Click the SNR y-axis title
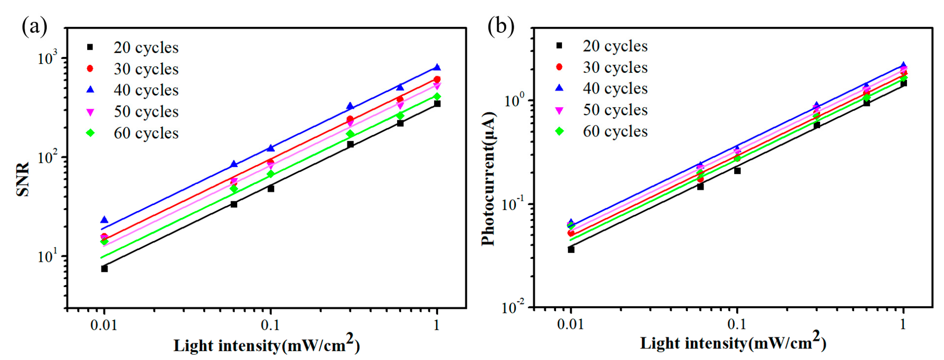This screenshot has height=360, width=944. click(23, 179)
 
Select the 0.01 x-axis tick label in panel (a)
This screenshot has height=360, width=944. click(104, 325)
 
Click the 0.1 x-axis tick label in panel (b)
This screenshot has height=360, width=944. click(737, 324)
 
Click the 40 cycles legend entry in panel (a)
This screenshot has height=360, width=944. click(146, 90)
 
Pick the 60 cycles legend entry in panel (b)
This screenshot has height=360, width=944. click(615, 131)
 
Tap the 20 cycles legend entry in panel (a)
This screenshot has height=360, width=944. click(146, 48)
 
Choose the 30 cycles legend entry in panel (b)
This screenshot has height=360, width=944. click(615, 67)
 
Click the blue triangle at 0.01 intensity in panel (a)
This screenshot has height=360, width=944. click(104, 220)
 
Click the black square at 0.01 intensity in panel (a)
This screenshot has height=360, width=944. click(104, 269)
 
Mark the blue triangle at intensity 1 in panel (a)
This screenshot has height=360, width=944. click(437, 67)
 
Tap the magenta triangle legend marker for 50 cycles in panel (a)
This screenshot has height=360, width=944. click(90, 112)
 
